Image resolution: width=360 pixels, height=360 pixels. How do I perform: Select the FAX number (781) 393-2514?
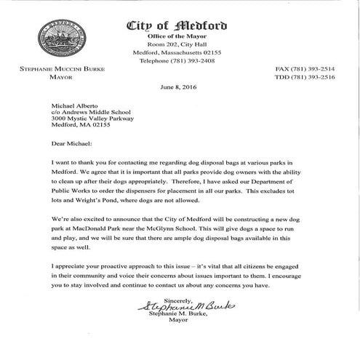tap(314, 68)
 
